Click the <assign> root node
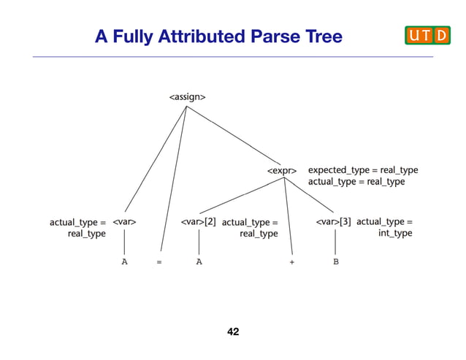click(187, 96)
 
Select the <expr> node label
click(281, 171)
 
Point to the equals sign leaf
click(159, 261)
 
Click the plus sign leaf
click(291, 261)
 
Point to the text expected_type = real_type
click(363, 169)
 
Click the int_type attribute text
click(395, 234)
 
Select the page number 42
click(233, 332)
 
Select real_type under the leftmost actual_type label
click(86, 234)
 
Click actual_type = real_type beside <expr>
click(356, 182)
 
